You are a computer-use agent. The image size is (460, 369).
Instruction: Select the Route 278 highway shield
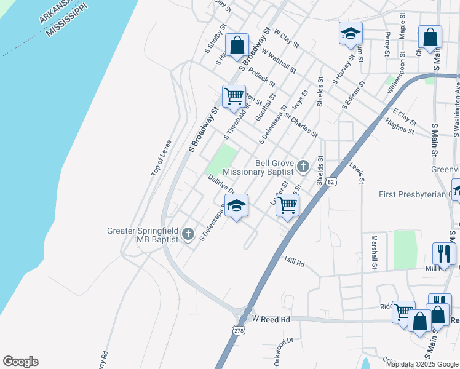click(239, 330)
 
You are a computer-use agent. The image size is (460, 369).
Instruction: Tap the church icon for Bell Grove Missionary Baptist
click(303, 165)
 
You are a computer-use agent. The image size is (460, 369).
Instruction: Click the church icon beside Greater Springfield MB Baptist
click(188, 234)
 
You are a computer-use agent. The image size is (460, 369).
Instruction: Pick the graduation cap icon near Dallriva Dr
click(236, 205)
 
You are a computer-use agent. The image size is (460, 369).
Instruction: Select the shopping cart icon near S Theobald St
click(234, 96)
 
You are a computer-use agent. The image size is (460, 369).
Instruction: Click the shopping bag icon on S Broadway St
click(236, 44)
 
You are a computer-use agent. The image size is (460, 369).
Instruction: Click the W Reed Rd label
click(271, 320)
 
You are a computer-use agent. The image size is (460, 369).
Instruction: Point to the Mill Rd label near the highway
click(295, 262)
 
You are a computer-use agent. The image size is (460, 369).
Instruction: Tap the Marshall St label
click(373, 251)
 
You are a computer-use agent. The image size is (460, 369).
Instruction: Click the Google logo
click(20, 362)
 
